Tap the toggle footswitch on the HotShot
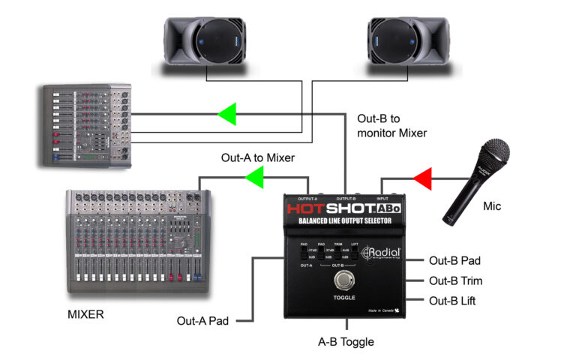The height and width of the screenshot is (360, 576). pos(343,283)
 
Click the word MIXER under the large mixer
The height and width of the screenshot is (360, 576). pos(85,314)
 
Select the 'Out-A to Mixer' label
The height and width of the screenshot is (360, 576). pos(257,158)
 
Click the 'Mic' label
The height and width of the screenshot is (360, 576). pos(492,205)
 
